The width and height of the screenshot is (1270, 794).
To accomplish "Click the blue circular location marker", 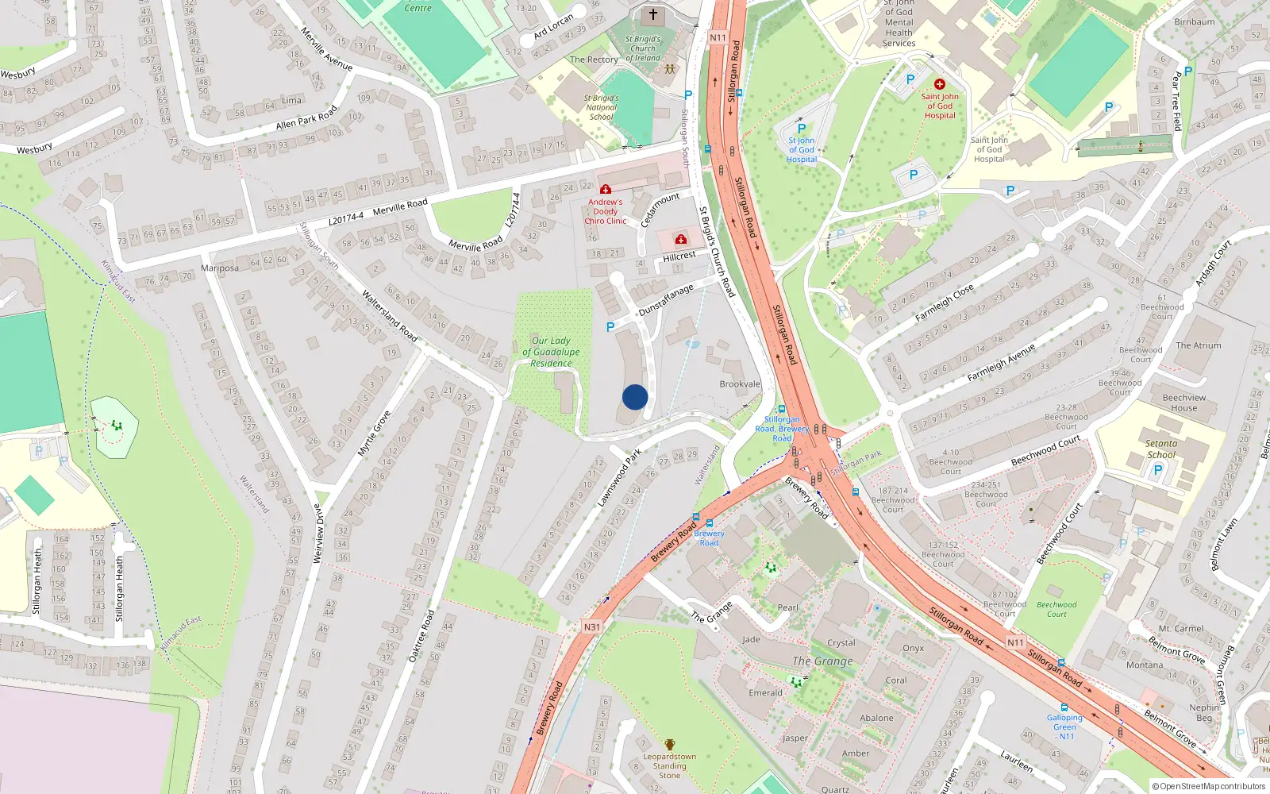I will click(x=635, y=397).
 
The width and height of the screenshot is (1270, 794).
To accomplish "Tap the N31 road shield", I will click(x=592, y=626).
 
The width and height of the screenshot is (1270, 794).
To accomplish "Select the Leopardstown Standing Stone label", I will click(x=669, y=765).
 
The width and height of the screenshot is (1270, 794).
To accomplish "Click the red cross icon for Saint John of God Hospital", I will click(x=940, y=84).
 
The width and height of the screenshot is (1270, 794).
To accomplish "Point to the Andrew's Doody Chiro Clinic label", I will click(x=605, y=211).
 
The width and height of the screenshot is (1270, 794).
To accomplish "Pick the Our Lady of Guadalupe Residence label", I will click(x=551, y=352).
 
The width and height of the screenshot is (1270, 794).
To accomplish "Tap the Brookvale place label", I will click(x=740, y=384).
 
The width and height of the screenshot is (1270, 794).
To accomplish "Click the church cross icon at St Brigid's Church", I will click(x=653, y=14).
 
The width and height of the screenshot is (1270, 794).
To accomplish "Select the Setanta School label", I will click(x=1161, y=449).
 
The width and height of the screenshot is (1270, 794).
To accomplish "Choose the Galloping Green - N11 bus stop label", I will click(x=1064, y=727).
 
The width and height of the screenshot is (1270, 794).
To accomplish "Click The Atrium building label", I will click(x=1198, y=345).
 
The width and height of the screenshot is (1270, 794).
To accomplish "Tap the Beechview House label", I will click(x=1183, y=403).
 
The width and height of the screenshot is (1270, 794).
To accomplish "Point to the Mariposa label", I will click(x=220, y=268).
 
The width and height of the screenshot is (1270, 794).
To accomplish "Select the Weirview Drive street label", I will click(x=318, y=534).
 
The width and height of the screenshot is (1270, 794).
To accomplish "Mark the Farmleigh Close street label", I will click(x=944, y=303).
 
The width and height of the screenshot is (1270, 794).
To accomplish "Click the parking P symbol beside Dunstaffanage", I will click(x=610, y=327).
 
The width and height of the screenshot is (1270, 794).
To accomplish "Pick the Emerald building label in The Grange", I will click(x=765, y=693).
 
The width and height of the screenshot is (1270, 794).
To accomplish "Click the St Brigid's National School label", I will click(x=602, y=107).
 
